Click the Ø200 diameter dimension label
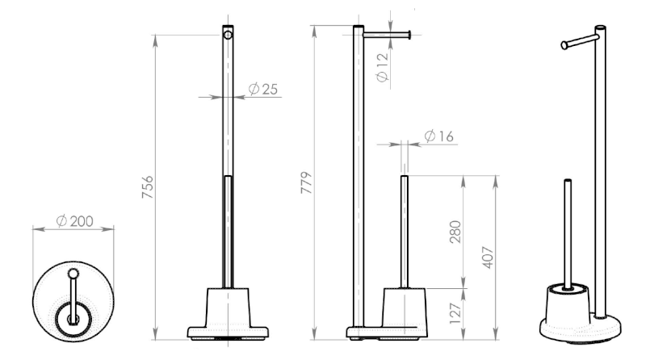pos(74,221)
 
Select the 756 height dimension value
pos(147,187)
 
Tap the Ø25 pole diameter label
pos(263,89)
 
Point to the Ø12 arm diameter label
pos(382,67)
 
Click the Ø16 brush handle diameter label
pos(438,136)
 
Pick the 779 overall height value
pos(307,182)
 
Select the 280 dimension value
pos(455,232)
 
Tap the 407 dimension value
pos(488,257)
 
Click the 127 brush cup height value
pos(455,313)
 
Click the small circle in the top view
pos(73,274)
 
